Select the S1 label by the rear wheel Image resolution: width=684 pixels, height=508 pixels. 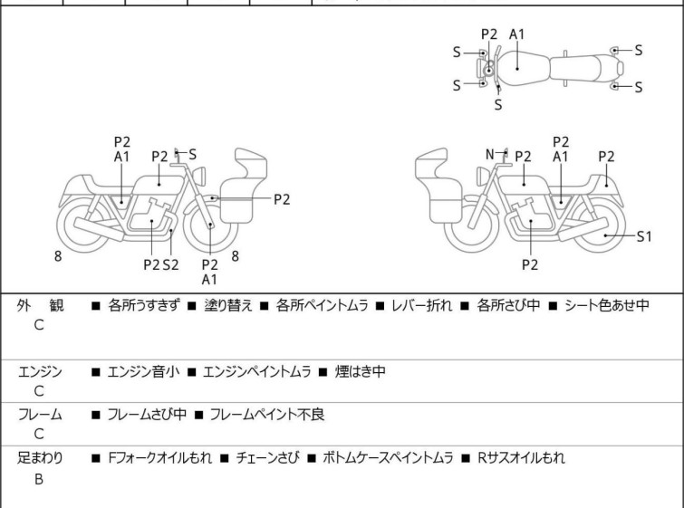[x=643, y=236]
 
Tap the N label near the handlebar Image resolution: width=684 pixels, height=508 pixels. [x=490, y=155]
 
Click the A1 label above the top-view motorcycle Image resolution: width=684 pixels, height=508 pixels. [x=517, y=34]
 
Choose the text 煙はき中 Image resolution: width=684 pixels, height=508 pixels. [x=361, y=370]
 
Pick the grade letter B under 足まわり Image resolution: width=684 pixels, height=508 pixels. [x=39, y=479]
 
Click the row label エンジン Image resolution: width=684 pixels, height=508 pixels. [x=40, y=370]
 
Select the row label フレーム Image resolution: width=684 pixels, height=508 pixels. [x=40, y=414]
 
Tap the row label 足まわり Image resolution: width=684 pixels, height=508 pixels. [x=40, y=457]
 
